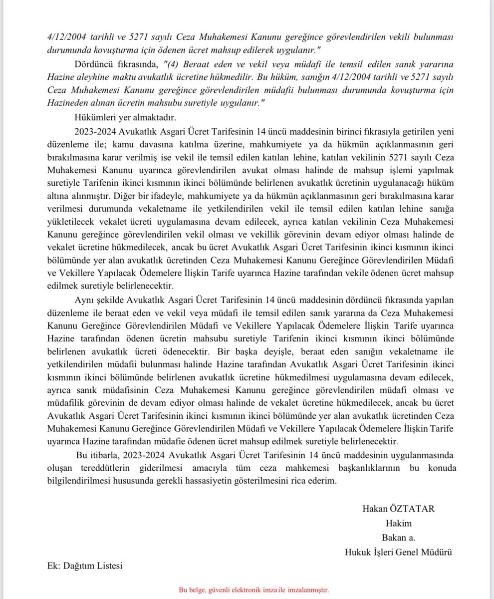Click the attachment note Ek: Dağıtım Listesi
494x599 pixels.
click(81, 566)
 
